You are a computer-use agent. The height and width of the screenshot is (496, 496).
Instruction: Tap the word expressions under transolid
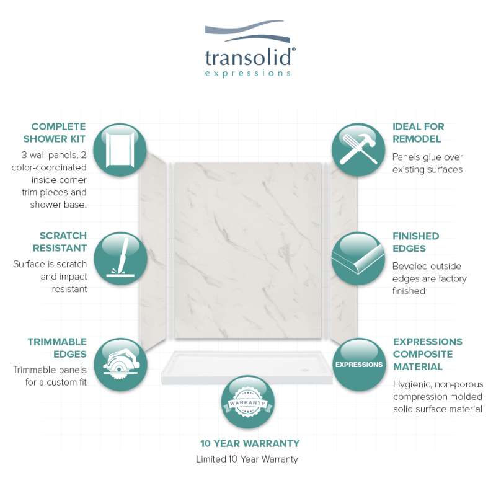click(x=247, y=73)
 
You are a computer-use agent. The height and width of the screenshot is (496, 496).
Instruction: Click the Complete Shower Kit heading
click(x=55, y=133)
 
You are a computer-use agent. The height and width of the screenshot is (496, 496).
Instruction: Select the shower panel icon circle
click(x=120, y=149)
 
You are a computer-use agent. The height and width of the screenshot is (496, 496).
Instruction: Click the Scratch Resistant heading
click(x=60, y=242)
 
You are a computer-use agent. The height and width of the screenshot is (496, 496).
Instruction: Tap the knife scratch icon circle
click(x=120, y=259)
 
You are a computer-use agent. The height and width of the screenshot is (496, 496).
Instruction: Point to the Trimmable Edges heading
click(x=57, y=348)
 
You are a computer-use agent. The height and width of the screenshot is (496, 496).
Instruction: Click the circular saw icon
click(x=120, y=365)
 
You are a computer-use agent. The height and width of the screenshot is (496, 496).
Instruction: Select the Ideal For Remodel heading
click(x=418, y=133)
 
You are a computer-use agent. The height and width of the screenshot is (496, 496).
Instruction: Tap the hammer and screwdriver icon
click(x=358, y=149)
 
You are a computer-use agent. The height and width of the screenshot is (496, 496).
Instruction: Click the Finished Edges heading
click(x=415, y=242)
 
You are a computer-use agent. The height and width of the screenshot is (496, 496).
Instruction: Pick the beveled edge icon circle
click(x=358, y=259)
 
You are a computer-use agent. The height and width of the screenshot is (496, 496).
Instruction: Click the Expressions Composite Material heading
click(x=427, y=354)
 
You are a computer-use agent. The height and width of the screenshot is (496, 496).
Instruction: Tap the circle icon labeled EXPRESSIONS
click(x=359, y=365)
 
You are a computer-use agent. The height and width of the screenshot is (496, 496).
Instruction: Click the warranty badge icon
click(x=247, y=402)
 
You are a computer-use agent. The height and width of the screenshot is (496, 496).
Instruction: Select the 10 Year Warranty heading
click(x=250, y=443)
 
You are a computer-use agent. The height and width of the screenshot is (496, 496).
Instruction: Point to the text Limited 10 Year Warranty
click(x=247, y=459)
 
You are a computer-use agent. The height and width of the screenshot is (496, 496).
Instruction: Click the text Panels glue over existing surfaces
click(x=427, y=163)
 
